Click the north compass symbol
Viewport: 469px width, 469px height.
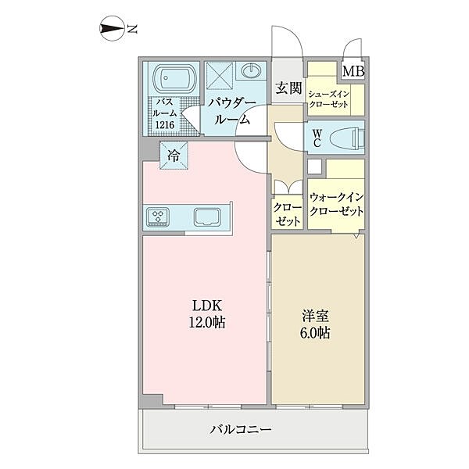pos(112,28)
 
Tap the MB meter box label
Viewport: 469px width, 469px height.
pos(353,71)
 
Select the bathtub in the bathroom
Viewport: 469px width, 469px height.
pos(174,77)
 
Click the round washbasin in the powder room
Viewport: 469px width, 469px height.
pos(251,70)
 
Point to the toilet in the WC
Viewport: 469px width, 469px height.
pos(347,138)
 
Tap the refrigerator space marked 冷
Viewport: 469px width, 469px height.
pos(174,156)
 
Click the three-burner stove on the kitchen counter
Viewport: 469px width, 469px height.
pos(158,217)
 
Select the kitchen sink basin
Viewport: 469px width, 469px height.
pos(207,217)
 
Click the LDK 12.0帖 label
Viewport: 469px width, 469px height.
pos(207,314)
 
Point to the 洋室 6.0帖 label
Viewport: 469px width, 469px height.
pos(315,324)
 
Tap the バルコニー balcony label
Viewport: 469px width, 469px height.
pos(241,430)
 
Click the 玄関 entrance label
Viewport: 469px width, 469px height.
pos(288,88)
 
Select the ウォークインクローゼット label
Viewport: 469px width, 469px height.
pos(336,204)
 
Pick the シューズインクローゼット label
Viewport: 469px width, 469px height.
pos(329,99)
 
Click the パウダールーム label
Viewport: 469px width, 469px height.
pos(232,112)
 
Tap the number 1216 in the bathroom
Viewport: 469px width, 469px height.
pos(165,125)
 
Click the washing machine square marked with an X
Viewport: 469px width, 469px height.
pos(220,75)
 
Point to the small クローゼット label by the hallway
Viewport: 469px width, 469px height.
pos(288,215)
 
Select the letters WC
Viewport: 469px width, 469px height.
pos(317,138)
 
